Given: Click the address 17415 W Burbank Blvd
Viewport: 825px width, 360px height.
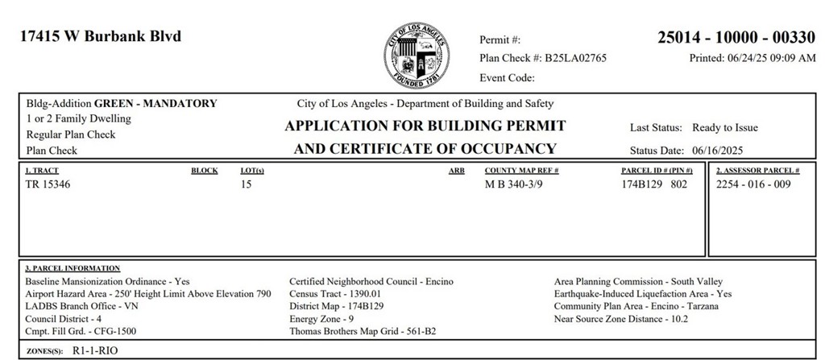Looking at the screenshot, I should pos(100,36).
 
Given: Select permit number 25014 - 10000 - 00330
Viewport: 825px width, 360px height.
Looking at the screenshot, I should pos(736,37).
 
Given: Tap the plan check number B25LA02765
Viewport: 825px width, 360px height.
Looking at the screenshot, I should pos(575,58).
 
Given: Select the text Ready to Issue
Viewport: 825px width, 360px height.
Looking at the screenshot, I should pos(725,127).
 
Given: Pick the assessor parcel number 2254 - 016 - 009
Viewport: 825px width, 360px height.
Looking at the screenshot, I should pos(753,185).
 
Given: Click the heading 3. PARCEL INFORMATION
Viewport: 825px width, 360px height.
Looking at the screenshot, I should pos(73,268).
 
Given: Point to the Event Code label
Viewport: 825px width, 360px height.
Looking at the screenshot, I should pos(507,78).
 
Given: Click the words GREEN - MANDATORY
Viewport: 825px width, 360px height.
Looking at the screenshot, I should pos(155,103).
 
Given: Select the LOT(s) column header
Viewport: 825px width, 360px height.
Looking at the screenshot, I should pos(252,171).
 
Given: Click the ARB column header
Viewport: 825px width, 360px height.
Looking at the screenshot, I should pos(456,171).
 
